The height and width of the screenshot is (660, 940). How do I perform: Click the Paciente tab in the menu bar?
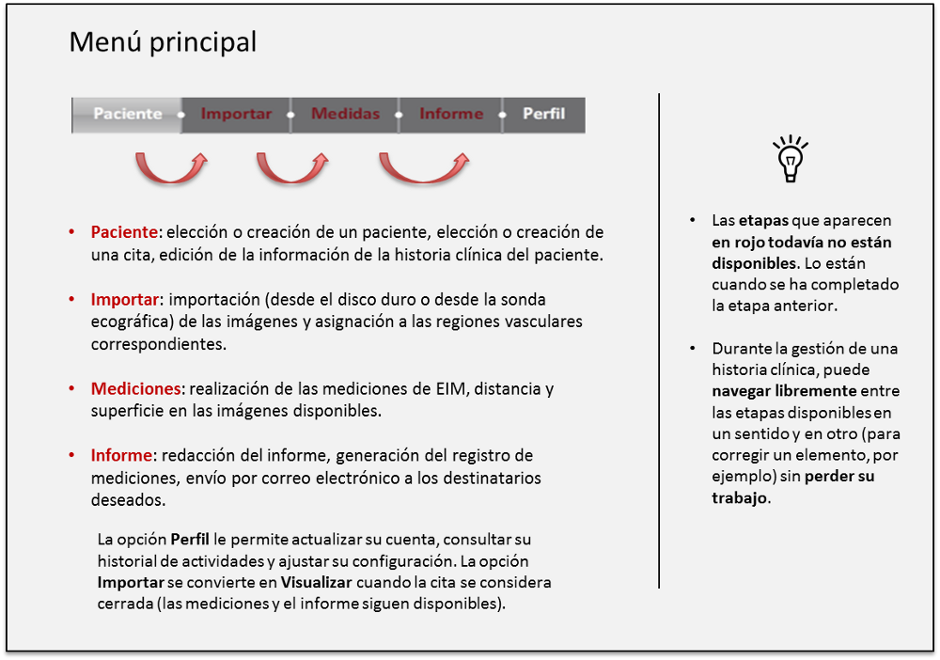[x=128, y=114]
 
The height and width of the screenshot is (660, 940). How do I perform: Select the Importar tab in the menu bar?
[x=236, y=114]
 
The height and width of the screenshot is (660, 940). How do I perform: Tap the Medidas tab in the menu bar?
[x=345, y=114]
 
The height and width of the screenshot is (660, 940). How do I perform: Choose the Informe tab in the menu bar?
[x=451, y=114]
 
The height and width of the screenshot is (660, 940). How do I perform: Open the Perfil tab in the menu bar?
[x=543, y=114]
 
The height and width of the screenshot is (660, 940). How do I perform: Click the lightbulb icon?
[x=790, y=157]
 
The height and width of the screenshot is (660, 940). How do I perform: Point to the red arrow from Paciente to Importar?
[x=170, y=169]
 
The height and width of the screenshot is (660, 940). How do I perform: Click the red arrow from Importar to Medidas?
[x=292, y=169]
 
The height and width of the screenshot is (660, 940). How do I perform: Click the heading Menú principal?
[x=163, y=42]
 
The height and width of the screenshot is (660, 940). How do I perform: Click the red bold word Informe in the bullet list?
[x=121, y=455]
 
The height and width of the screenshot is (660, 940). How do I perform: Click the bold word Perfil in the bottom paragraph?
[x=189, y=540]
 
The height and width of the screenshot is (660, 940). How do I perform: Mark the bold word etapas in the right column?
[x=763, y=221]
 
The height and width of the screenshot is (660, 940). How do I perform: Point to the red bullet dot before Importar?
[x=71, y=299]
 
